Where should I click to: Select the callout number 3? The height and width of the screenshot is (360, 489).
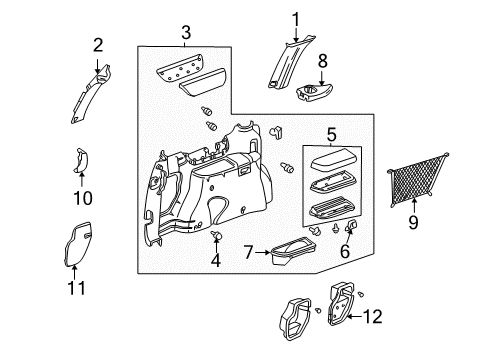click(185, 35)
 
